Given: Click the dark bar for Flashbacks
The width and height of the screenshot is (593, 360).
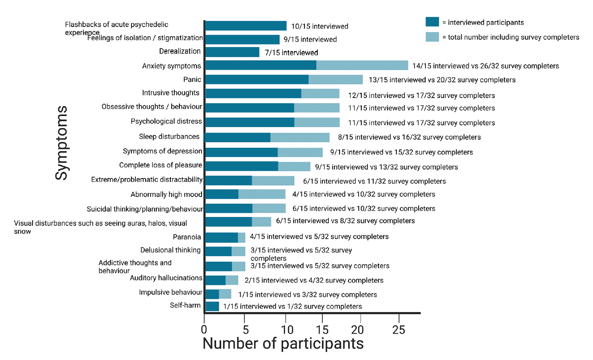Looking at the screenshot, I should pyautogui.click(x=246, y=26).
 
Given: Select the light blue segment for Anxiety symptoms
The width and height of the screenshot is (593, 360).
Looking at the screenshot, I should pyautogui.click(x=362, y=65).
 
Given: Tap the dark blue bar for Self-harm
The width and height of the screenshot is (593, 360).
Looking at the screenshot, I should pyautogui.click(x=212, y=306).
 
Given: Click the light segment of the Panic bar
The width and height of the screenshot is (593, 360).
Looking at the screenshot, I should pyautogui.click(x=335, y=80).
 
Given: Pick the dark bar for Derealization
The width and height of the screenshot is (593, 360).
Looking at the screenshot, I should pyautogui.click(x=232, y=52).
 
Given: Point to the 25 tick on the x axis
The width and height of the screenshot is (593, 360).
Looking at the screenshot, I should pyautogui.click(x=399, y=330).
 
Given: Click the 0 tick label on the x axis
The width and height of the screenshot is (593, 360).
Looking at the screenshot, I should pyautogui.click(x=205, y=330).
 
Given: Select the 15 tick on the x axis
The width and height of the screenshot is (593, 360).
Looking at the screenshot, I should pyautogui.click(x=321, y=330).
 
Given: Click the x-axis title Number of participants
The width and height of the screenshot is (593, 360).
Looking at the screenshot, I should pyautogui.click(x=283, y=344).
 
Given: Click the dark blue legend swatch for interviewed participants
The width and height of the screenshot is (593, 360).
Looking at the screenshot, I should pyautogui.click(x=432, y=22).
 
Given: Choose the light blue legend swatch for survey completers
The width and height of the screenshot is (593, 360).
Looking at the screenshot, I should pyautogui.click(x=432, y=37).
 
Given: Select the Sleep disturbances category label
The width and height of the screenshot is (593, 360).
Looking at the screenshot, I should pyautogui.click(x=170, y=137).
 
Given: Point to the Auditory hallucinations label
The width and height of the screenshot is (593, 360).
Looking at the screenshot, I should pyautogui.click(x=166, y=278).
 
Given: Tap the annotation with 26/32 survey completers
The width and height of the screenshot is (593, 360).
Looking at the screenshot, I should pyautogui.click(x=486, y=66).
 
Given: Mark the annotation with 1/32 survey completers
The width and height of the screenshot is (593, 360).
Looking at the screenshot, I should pyautogui.click(x=292, y=306).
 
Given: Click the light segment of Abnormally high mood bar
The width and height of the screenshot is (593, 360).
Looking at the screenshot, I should pyautogui.click(x=262, y=194).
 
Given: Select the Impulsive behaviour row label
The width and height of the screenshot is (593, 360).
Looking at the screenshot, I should pyautogui.click(x=170, y=292).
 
